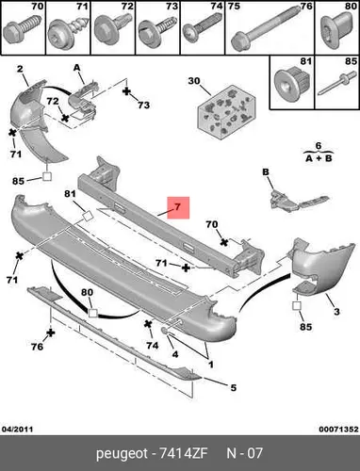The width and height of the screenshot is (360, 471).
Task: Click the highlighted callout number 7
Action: [177, 207]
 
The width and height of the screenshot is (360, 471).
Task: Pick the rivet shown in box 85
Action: [337, 84]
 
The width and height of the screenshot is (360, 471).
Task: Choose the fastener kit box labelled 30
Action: [226, 113]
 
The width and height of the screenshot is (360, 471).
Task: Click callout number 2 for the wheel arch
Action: [20, 69]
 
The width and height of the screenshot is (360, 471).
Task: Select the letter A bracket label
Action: [76, 67]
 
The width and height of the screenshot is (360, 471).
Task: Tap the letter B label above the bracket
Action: [266, 172]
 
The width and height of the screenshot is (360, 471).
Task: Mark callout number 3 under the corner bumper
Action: [336, 312]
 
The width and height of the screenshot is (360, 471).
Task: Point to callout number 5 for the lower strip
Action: [233, 388]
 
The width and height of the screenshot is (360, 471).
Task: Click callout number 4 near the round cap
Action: [175, 354]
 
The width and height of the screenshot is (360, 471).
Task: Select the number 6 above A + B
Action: [319, 146]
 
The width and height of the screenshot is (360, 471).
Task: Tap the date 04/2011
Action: [18, 430]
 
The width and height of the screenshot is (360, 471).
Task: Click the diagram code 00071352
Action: [338, 430]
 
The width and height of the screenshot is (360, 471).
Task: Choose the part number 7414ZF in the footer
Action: [184, 453]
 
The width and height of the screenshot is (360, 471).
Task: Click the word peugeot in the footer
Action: [122, 454]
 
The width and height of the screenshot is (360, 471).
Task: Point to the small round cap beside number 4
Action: [165, 331]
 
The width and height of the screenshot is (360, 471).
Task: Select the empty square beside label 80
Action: [93, 313]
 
